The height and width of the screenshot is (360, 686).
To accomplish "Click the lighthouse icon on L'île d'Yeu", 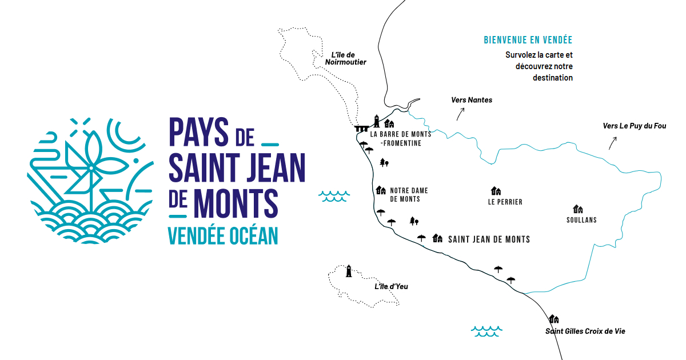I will pyautogui.click(x=349, y=271).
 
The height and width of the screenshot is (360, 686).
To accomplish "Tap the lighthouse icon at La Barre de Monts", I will pyautogui.click(x=377, y=121).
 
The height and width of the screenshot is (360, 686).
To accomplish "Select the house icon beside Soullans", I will pyautogui.click(x=578, y=209).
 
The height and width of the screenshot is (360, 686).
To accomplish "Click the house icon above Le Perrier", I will pyautogui.click(x=496, y=191).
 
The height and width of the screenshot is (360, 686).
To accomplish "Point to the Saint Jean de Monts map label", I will pyautogui.click(x=489, y=239).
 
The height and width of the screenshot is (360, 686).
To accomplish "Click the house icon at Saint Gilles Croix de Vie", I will pyautogui.click(x=553, y=319).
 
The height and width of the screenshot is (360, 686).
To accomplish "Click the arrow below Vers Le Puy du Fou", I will pyautogui.click(x=612, y=142).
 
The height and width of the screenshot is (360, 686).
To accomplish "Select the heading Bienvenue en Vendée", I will pyautogui.click(x=528, y=41).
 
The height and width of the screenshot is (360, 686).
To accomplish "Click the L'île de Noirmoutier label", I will pyautogui.click(x=345, y=59).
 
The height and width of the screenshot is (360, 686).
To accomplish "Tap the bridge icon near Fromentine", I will pyautogui.click(x=361, y=129).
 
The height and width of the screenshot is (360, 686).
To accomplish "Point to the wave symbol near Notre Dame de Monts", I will pyautogui.click(x=334, y=197).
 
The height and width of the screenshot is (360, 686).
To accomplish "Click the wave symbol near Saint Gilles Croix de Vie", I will pyautogui.click(x=486, y=331).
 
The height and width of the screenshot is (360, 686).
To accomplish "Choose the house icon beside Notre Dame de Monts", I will pyautogui.click(x=381, y=190).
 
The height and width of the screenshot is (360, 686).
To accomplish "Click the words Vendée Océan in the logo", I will pyautogui.click(x=223, y=235).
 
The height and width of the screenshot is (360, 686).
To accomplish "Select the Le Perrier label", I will pyautogui.click(x=505, y=202).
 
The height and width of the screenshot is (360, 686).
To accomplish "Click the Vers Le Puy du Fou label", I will pyautogui.click(x=635, y=126).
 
